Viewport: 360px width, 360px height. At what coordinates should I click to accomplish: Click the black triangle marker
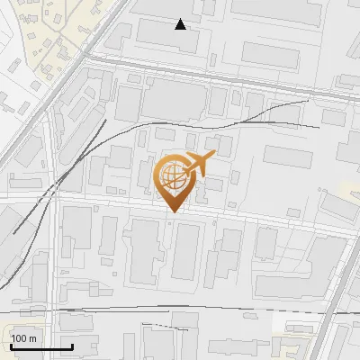180,24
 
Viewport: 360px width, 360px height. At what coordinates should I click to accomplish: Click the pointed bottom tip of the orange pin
172,211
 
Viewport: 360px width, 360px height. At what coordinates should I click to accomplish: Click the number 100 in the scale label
20,338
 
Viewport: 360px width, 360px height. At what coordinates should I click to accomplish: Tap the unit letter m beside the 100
33,338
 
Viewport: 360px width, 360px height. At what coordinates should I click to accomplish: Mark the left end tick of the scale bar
11,346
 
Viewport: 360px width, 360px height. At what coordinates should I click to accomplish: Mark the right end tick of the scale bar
72,346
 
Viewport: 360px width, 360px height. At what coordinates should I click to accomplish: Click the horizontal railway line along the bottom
180,310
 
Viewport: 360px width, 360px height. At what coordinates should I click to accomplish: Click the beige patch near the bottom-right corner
297,342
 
